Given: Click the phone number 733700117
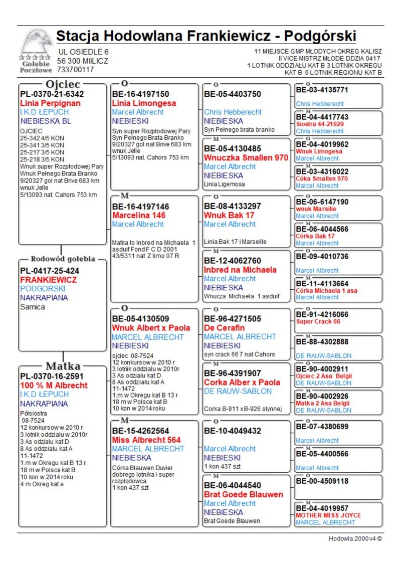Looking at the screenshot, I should coord(75,70).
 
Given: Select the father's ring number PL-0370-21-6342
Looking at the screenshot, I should coord(52,94).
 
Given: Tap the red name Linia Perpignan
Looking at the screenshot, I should coord(50,103).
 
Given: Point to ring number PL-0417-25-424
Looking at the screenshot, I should coord(50,271).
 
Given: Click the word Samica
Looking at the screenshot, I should coord(33,307).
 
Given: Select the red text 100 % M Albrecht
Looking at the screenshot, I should coord(54,386).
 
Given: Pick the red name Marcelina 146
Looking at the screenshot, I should coord(139,216).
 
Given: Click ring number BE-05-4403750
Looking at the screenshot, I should coord(233,94).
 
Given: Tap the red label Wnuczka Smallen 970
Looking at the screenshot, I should coord(246,157).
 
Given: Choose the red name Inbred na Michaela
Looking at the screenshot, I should coord(240,270).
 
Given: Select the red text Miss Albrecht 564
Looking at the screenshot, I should coord(146,440).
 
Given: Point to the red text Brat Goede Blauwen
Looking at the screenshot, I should coord(244,494).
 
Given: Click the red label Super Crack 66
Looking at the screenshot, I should coord(318,321).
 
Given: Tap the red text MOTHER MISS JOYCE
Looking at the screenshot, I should coord(328,515).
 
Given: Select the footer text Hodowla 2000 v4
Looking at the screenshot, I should coord(355,538).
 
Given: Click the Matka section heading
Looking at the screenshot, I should coord(63,365).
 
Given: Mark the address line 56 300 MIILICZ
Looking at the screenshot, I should coord(83,61).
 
